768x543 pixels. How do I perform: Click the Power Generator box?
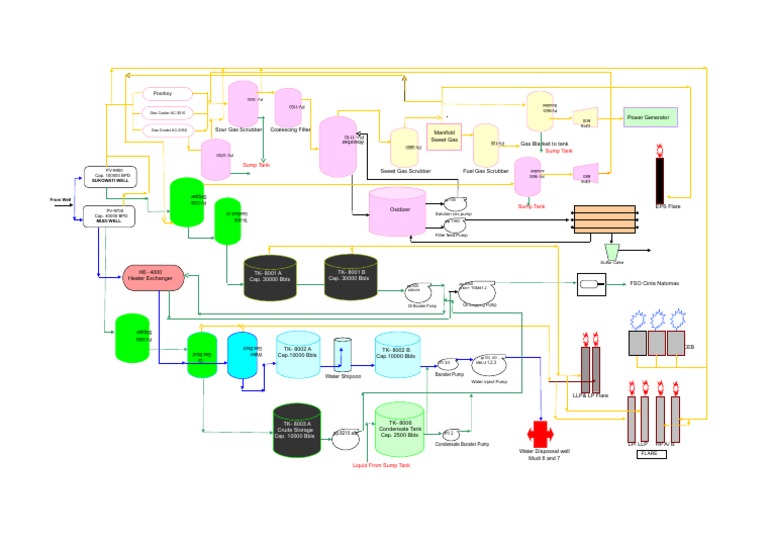(x=650, y=117)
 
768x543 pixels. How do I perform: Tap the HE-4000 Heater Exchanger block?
(x=154, y=277)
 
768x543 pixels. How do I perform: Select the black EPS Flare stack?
(x=660, y=178)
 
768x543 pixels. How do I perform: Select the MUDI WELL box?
(x=103, y=216)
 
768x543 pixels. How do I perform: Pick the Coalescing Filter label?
(x=291, y=129)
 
